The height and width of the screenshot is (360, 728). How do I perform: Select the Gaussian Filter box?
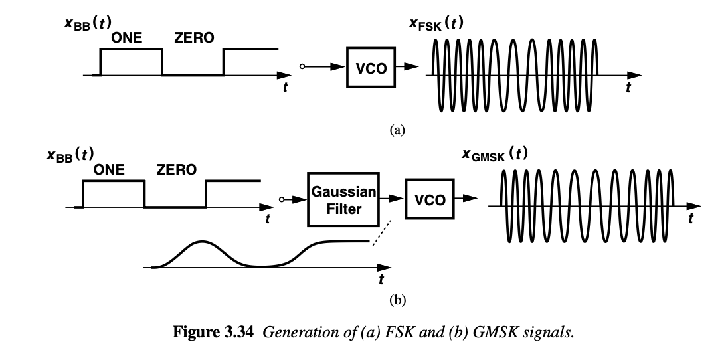[343, 200]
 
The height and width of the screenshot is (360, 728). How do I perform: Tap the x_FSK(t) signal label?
[436, 25]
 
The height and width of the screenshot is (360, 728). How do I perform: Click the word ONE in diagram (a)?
[126, 38]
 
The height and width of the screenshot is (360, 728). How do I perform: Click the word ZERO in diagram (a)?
[194, 38]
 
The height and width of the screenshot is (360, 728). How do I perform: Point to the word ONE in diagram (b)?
[109, 170]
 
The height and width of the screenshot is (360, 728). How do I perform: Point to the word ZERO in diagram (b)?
[176, 170]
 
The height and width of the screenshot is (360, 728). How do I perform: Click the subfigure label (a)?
[397, 129]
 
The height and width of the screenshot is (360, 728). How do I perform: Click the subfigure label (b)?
[397, 300]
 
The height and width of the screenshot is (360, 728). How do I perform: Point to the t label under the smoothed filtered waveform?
[381, 280]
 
